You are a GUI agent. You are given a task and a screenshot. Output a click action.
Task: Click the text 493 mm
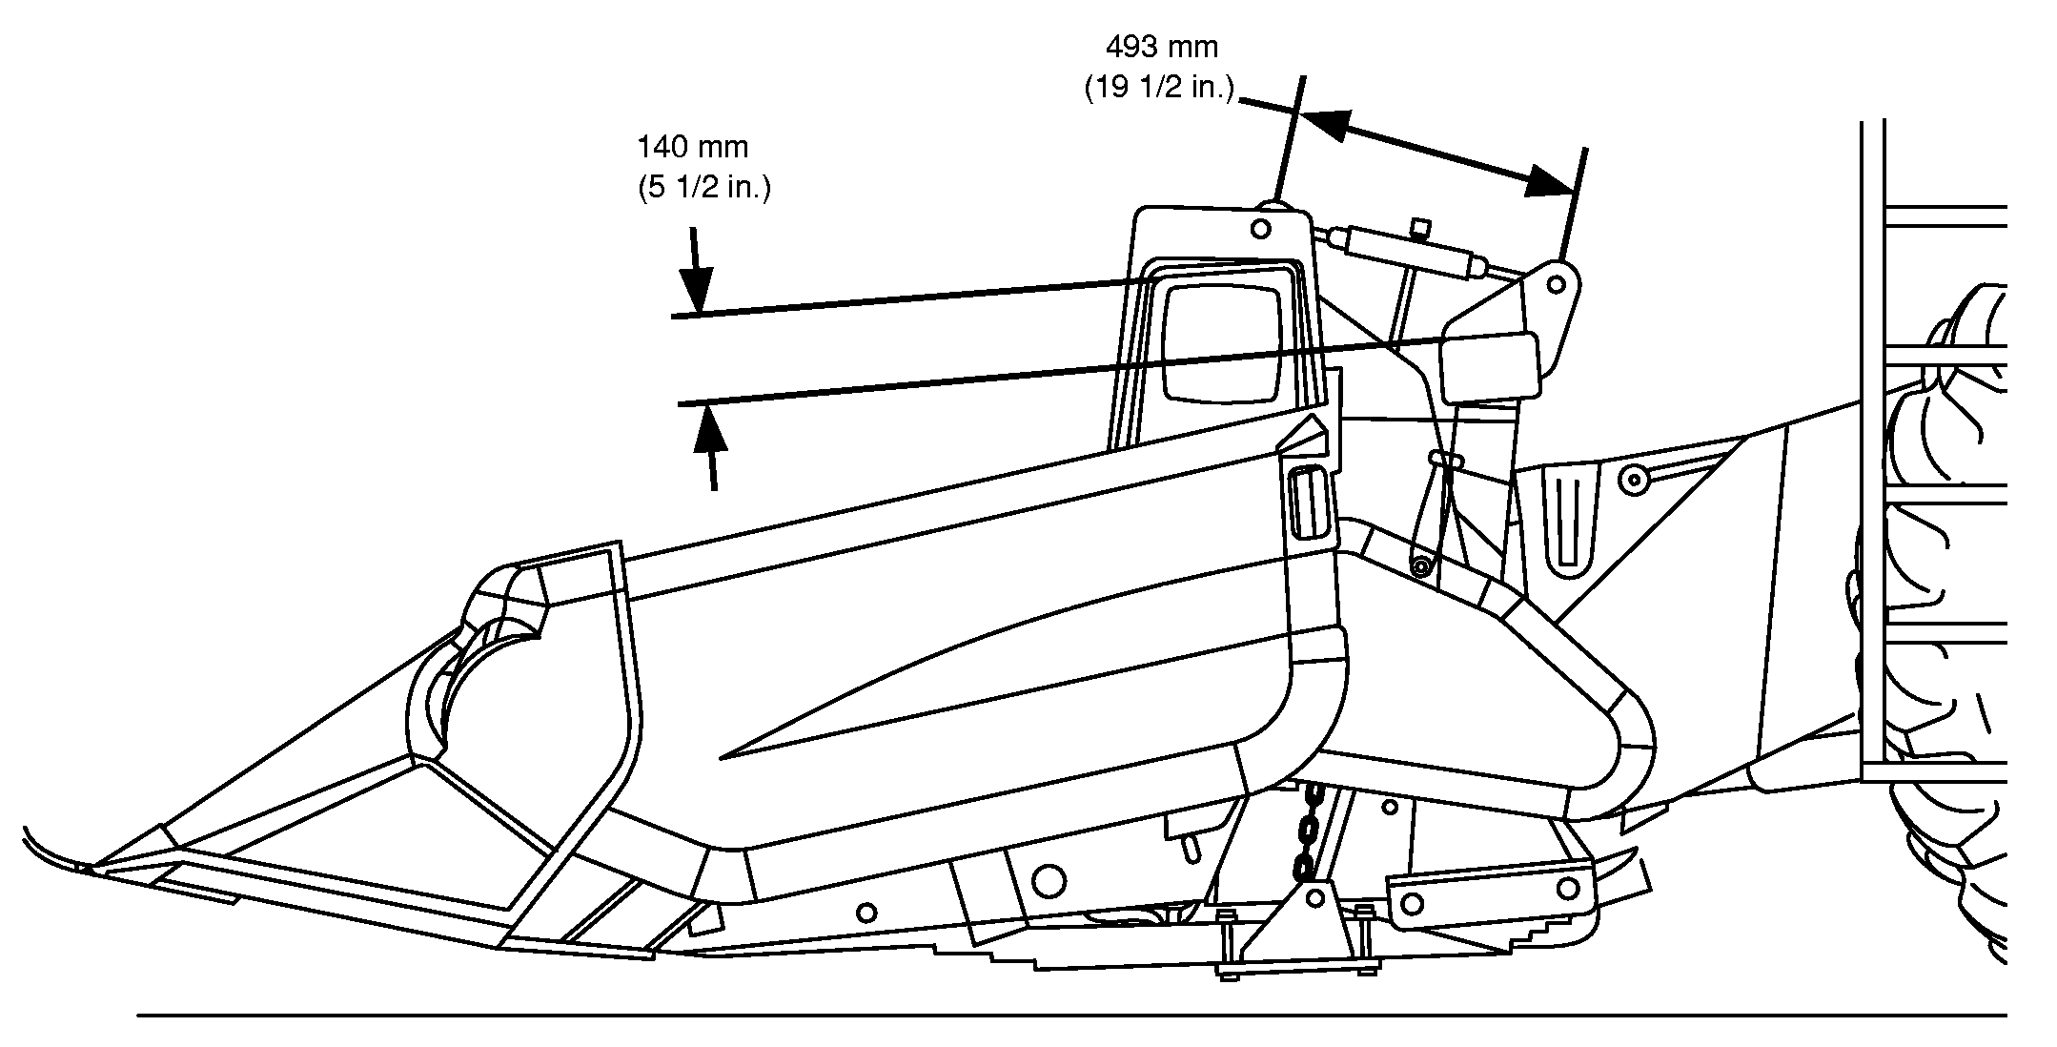point(1161,46)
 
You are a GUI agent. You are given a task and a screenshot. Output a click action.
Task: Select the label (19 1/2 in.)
point(1160,89)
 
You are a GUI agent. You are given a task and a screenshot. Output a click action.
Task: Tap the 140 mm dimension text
point(693,147)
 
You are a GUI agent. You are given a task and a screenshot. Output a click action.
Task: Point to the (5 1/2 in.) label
point(703,189)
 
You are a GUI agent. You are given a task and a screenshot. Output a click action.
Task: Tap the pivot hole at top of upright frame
point(1260,229)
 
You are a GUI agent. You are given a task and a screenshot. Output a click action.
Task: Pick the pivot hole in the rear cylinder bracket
point(1556,284)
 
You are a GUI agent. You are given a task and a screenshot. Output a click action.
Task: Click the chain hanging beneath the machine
point(1308,830)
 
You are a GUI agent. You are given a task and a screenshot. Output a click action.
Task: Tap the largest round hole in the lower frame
point(1049,880)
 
